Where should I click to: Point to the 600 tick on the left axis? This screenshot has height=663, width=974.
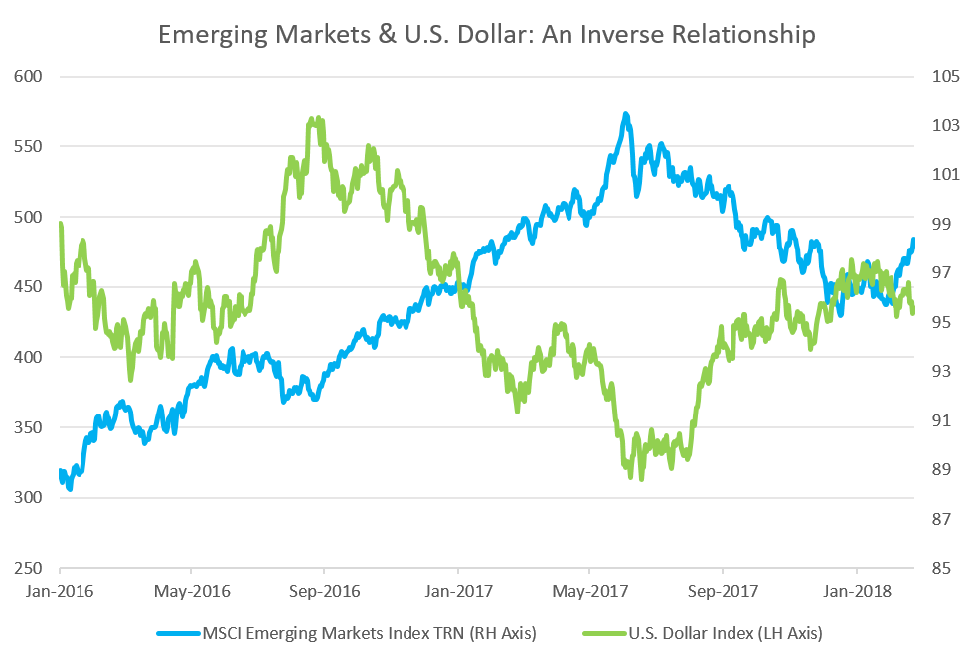pos(27,77)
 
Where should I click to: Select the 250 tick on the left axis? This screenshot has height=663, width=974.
pos(27,569)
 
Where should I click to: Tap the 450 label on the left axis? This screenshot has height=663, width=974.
pos(27,287)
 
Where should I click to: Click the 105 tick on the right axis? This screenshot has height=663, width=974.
pos(943,77)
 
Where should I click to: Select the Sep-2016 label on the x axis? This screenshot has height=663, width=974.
pos(324,591)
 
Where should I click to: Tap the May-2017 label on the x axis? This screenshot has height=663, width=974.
pos(588,591)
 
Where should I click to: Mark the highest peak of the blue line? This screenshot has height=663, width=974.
pos(625,114)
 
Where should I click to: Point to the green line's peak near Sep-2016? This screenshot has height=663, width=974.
pos(316,118)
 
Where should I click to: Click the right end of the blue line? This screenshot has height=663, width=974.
pos(914,239)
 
